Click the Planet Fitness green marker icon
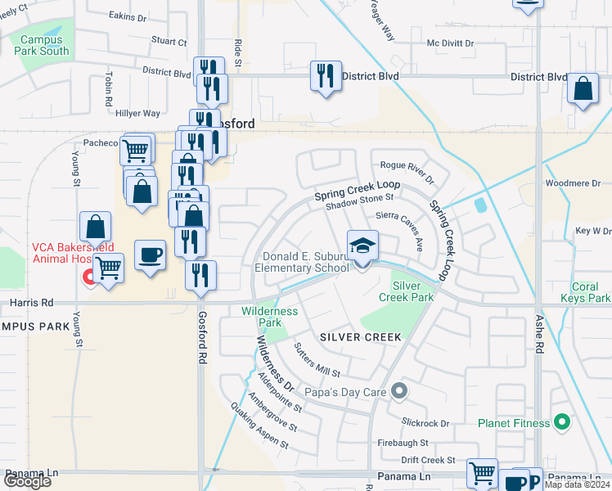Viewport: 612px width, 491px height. tap(561, 423)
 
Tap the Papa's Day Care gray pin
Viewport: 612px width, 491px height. tap(399, 391)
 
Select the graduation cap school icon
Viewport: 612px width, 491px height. tap(363, 245)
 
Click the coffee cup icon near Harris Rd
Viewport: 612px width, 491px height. tap(149, 255)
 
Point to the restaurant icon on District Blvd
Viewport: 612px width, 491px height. tap(326, 76)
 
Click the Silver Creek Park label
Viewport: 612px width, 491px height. tap(412, 291)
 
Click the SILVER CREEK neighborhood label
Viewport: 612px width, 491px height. tap(361, 337)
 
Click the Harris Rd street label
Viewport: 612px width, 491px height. tap(30, 302)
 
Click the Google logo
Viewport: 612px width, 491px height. tap(27, 481)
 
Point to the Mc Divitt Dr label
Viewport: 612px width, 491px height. tap(450, 43)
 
